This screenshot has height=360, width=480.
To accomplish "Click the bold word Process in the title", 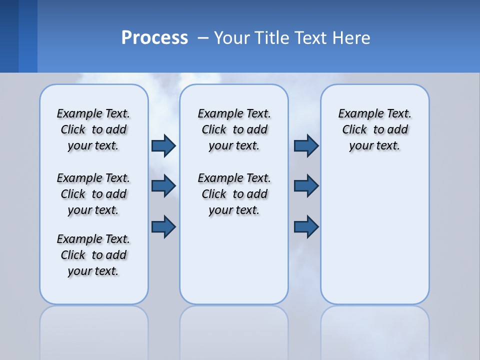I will (x=154, y=38).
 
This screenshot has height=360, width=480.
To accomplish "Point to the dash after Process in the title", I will (x=201, y=38).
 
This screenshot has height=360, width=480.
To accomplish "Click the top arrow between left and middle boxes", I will (x=163, y=145).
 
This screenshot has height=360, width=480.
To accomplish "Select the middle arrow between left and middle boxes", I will (x=163, y=186).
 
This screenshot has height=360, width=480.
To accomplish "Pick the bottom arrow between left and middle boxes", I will (x=163, y=226).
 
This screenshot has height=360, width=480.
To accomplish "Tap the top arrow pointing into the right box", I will (x=306, y=145).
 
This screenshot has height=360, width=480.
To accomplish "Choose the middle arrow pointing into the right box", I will (x=306, y=186).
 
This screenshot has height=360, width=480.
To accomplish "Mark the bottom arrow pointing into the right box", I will (x=306, y=226).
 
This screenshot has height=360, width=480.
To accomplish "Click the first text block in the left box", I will (x=93, y=129).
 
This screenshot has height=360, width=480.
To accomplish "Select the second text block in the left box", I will (x=93, y=194).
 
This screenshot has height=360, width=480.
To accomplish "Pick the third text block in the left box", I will (x=93, y=255).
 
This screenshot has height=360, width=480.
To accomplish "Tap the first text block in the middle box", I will (x=234, y=129).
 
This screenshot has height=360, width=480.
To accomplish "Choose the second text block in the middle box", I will (x=234, y=194).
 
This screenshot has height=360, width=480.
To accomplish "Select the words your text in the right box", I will (x=374, y=146).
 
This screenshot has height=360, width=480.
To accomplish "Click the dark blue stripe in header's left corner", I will (x=9, y=36).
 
